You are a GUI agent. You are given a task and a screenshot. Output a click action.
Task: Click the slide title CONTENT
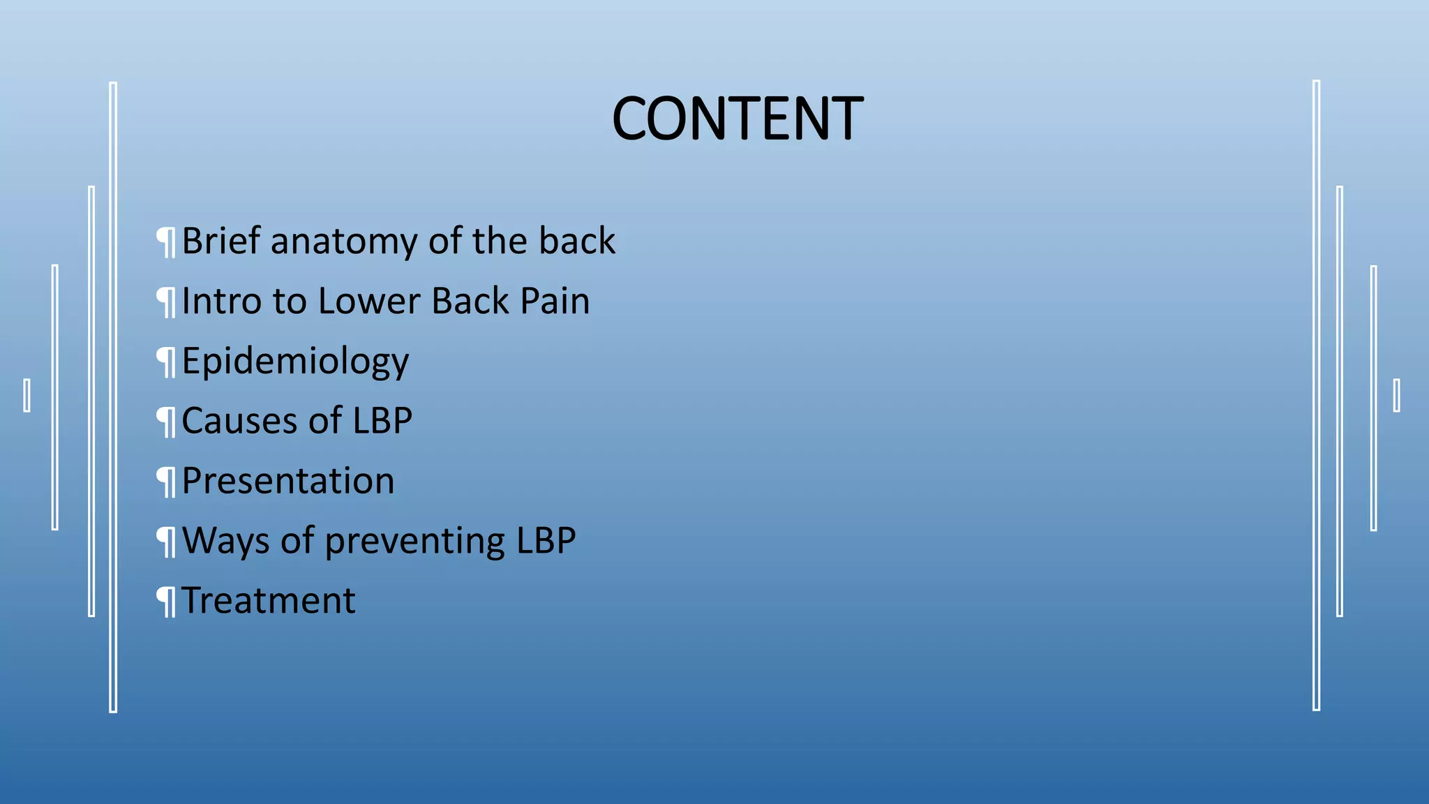(737, 119)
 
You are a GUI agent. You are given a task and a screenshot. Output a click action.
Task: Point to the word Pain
(555, 301)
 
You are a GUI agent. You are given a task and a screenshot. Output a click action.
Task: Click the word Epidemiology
(295, 362)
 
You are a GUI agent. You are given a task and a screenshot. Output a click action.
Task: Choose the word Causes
(239, 421)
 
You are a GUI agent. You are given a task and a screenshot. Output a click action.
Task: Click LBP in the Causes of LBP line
(382, 421)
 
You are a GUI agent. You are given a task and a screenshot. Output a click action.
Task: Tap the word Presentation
(288, 481)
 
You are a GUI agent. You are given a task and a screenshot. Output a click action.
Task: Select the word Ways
(225, 542)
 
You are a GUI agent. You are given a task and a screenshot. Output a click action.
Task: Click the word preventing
(414, 542)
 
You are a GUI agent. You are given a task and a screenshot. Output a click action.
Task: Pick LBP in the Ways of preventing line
(546, 540)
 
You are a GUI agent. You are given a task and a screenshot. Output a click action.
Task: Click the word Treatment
(269, 601)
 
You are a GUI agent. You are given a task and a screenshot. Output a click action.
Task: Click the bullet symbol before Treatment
(166, 602)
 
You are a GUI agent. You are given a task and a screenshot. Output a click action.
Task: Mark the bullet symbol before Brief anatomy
(166, 242)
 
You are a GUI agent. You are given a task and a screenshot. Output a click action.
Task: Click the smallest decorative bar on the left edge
(27, 395)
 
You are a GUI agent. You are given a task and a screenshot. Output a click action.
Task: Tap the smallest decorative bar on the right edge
(1396, 395)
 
